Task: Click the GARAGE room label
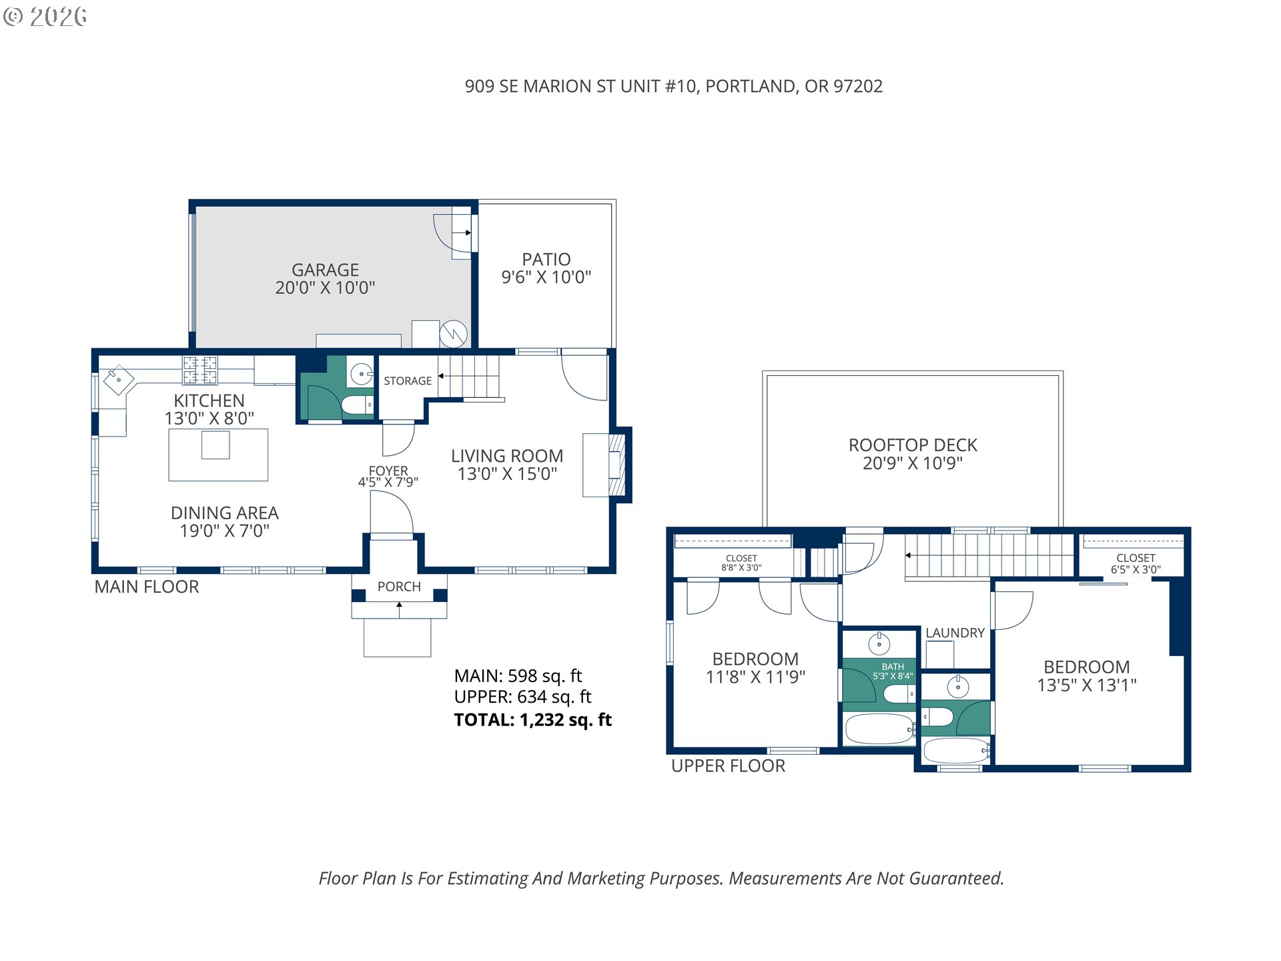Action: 326,270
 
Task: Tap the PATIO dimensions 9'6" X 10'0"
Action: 546,277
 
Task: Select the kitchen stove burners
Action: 200,371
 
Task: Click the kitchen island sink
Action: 216,445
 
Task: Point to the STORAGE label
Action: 408,380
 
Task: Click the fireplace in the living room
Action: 616,465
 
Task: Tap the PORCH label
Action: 399,587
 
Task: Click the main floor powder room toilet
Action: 357,404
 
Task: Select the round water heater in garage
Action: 453,334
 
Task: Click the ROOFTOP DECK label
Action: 913,445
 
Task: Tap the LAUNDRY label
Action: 955,633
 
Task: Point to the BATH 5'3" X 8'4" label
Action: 893,671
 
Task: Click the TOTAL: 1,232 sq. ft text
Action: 532,719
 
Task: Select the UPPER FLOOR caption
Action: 728,765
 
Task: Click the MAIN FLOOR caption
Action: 147,587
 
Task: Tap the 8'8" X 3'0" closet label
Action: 741,568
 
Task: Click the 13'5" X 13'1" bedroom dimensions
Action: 1087,685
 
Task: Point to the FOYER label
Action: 388,470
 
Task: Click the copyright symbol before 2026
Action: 13,17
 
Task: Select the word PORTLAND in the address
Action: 750,87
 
